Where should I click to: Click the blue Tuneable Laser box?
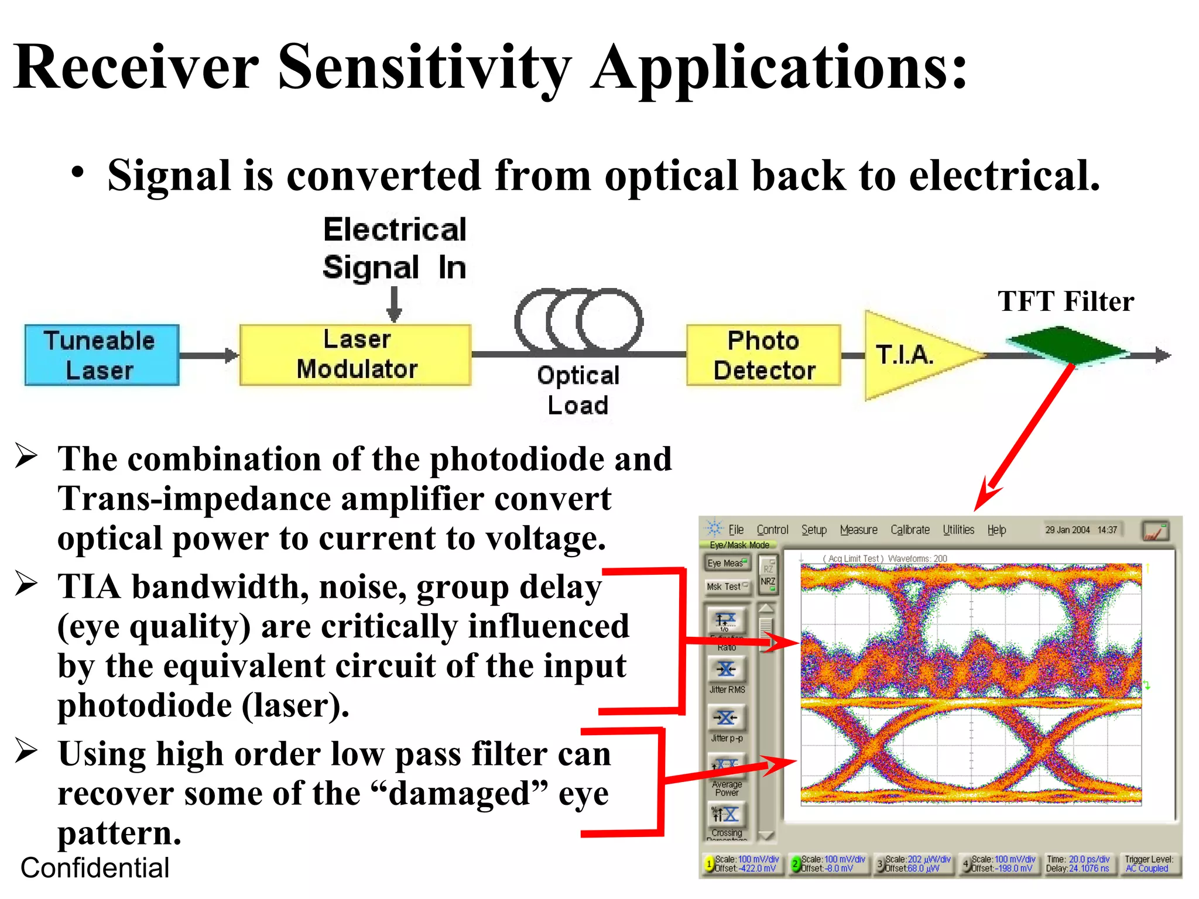101,355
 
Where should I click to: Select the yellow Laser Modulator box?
355,355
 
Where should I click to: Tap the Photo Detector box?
763,355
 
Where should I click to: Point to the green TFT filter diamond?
1067,346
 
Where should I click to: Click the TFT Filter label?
1066,302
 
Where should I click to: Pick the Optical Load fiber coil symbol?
578,321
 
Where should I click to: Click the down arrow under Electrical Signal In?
395,304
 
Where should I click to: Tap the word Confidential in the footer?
95,868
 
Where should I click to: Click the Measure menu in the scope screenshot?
858,530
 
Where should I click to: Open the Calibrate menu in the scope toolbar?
910,530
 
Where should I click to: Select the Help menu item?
996,530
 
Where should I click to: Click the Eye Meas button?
727,563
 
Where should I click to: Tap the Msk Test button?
727,586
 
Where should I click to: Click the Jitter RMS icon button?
727,670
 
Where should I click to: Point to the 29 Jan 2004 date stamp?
1067,530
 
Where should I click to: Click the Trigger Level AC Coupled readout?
1148,864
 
